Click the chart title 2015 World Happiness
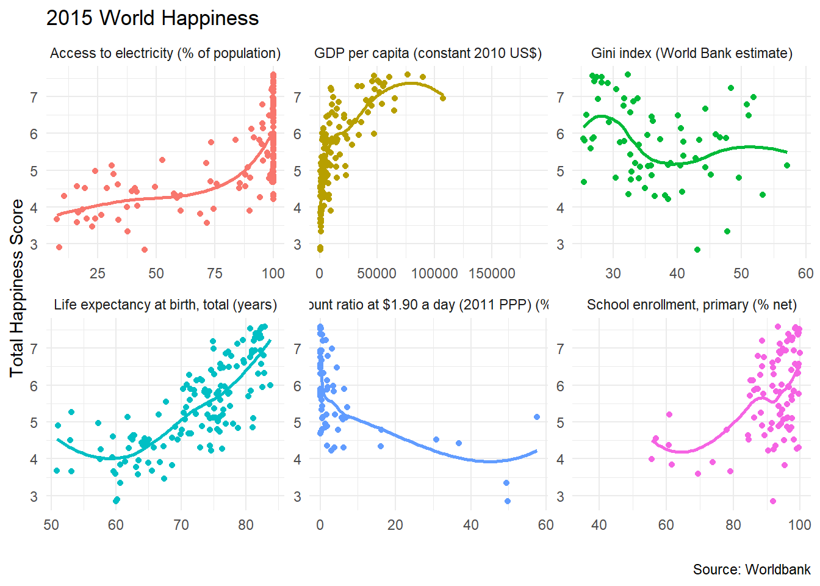pos(153,18)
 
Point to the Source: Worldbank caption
pos(752,570)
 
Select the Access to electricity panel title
pos(165,54)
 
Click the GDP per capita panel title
pos(428,54)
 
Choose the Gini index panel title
pos(692,54)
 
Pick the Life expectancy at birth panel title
pos(165,305)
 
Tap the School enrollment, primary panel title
pos(692,305)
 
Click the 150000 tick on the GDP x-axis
pos(492,273)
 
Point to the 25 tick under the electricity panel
pos(98,273)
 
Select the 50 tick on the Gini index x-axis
pos(741,273)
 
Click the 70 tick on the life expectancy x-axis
pos(181,525)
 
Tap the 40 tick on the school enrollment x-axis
pos(599,525)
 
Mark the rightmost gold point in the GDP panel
pos(443,98)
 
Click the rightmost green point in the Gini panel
pos(787,165)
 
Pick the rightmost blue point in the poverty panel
pos(537,417)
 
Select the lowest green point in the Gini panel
pos(697,250)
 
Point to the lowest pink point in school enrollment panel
pos(773,501)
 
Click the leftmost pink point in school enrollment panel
pos(652,459)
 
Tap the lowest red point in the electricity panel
pos(145,250)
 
